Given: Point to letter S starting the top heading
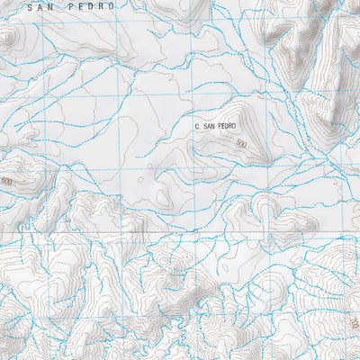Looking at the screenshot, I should click(31, 6).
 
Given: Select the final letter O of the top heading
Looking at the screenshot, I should click(113, 6).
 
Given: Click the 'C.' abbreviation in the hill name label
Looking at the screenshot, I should click(197, 127).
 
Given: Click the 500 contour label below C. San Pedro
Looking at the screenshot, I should click(239, 144).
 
